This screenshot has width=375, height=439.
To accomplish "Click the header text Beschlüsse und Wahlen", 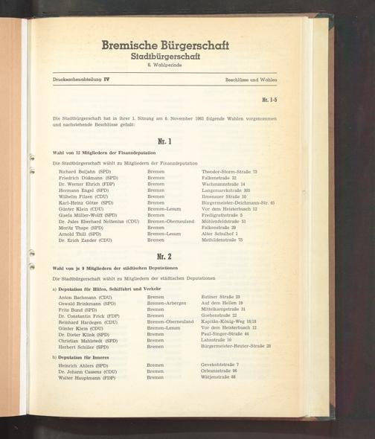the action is [x=251, y=79].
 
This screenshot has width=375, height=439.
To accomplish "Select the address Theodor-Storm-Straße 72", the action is [x=229, y=171].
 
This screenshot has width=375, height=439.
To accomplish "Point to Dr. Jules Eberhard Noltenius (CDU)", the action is [x=99, y=221].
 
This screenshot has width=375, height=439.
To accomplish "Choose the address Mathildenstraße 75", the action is [x=222, y=240].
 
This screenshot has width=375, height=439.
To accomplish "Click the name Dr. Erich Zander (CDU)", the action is [x=86, y=240].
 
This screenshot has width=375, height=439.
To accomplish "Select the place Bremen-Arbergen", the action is [x=167, y=303].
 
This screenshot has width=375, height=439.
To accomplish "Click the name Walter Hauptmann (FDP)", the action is [x=88, y=377].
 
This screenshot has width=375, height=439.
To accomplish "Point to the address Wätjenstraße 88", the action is [x=219, y=377].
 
